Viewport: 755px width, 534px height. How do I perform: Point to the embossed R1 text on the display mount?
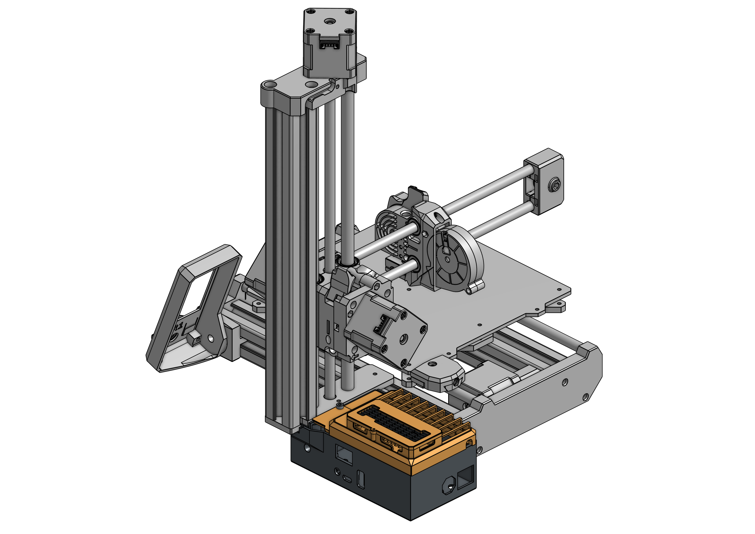tap(179, 326)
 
